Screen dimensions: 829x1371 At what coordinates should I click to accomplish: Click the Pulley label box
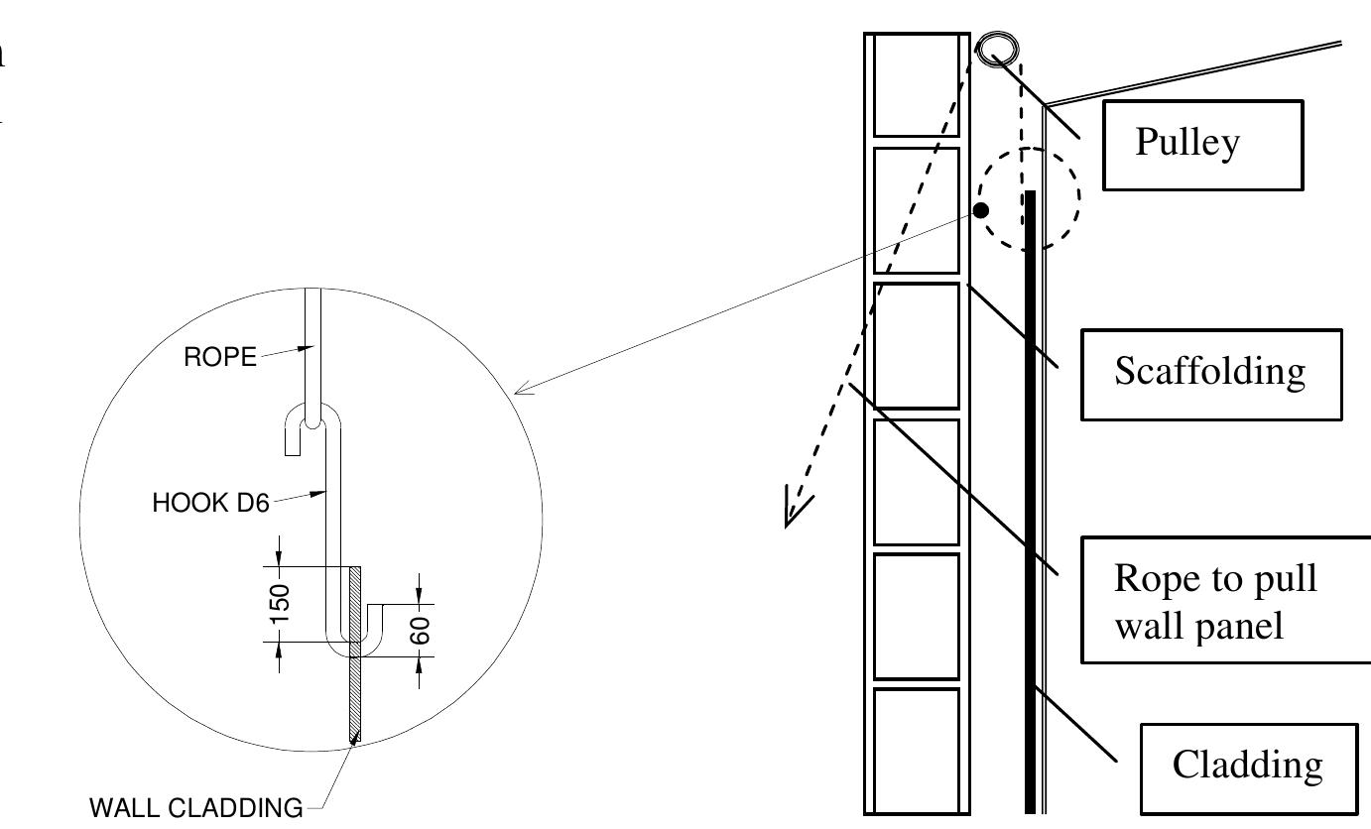1202,145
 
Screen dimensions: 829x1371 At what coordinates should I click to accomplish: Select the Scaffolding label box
1210,374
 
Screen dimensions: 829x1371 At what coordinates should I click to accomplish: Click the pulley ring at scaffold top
995,49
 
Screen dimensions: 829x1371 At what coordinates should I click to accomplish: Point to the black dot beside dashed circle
980,210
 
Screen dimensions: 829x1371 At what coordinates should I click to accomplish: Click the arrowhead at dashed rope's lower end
795,509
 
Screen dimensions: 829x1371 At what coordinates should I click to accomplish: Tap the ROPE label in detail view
219,358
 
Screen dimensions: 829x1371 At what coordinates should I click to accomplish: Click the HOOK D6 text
210,504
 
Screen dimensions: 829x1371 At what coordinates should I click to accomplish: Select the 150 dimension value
281,604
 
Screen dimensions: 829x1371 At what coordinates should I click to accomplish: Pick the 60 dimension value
421,631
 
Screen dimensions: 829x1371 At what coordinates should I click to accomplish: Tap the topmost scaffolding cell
916,85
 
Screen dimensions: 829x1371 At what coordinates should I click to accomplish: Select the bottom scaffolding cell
916,749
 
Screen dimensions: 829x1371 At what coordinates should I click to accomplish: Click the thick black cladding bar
1030,496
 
